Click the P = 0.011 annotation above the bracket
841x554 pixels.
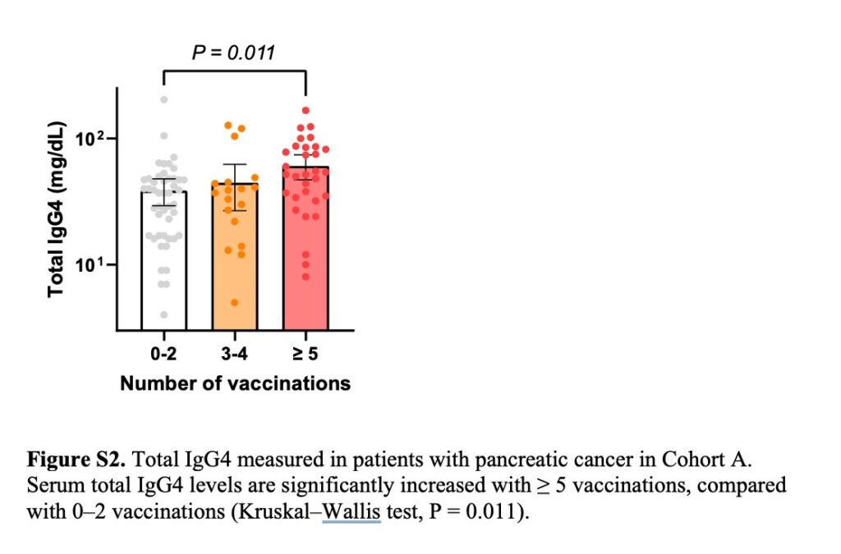(233, 53)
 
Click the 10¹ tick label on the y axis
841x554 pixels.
(91, 264)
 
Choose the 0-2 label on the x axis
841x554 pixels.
(164, 355)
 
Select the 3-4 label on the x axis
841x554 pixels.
(235, 355)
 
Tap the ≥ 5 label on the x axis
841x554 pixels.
(306, 355)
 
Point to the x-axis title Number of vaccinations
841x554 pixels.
(235, 383)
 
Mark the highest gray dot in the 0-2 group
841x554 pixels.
(164, 99)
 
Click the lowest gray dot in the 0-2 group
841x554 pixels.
(164, 314)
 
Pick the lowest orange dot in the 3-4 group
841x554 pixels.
(234, 303)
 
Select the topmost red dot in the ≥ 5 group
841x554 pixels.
(306, 110)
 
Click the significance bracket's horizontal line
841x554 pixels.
(235, 71)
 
